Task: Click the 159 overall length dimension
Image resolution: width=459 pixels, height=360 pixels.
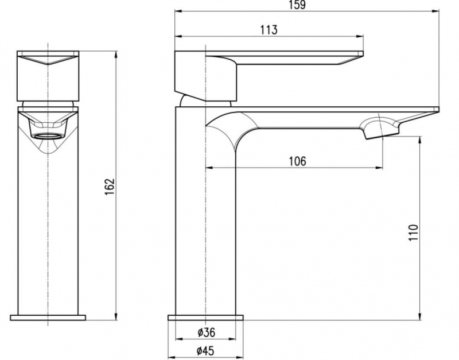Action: pos(298,5)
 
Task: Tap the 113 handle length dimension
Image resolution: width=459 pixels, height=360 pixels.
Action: pos(269,30)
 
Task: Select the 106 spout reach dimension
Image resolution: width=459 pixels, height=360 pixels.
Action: pos(297,161)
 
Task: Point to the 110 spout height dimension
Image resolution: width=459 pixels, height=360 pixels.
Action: pos(413,233)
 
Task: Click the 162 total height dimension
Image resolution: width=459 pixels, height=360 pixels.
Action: pos(110,187)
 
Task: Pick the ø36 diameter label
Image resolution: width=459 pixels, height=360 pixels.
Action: pos(206,332)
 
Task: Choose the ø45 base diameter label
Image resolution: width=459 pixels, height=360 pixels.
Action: pos(205,351)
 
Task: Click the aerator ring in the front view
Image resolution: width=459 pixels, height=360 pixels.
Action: pos(48,136)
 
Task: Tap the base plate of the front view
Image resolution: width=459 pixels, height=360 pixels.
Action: pos(48,318)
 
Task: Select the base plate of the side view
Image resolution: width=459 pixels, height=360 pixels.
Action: pos(205,318)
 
